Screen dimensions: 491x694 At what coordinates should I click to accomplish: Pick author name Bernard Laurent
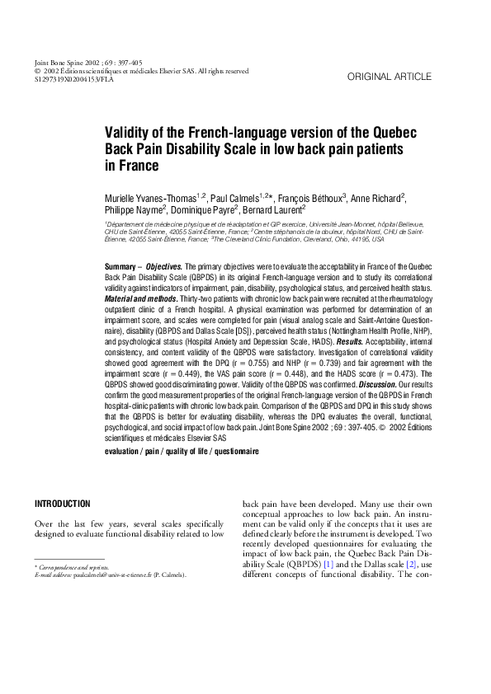pyautogui.click(x=275, y=211)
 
